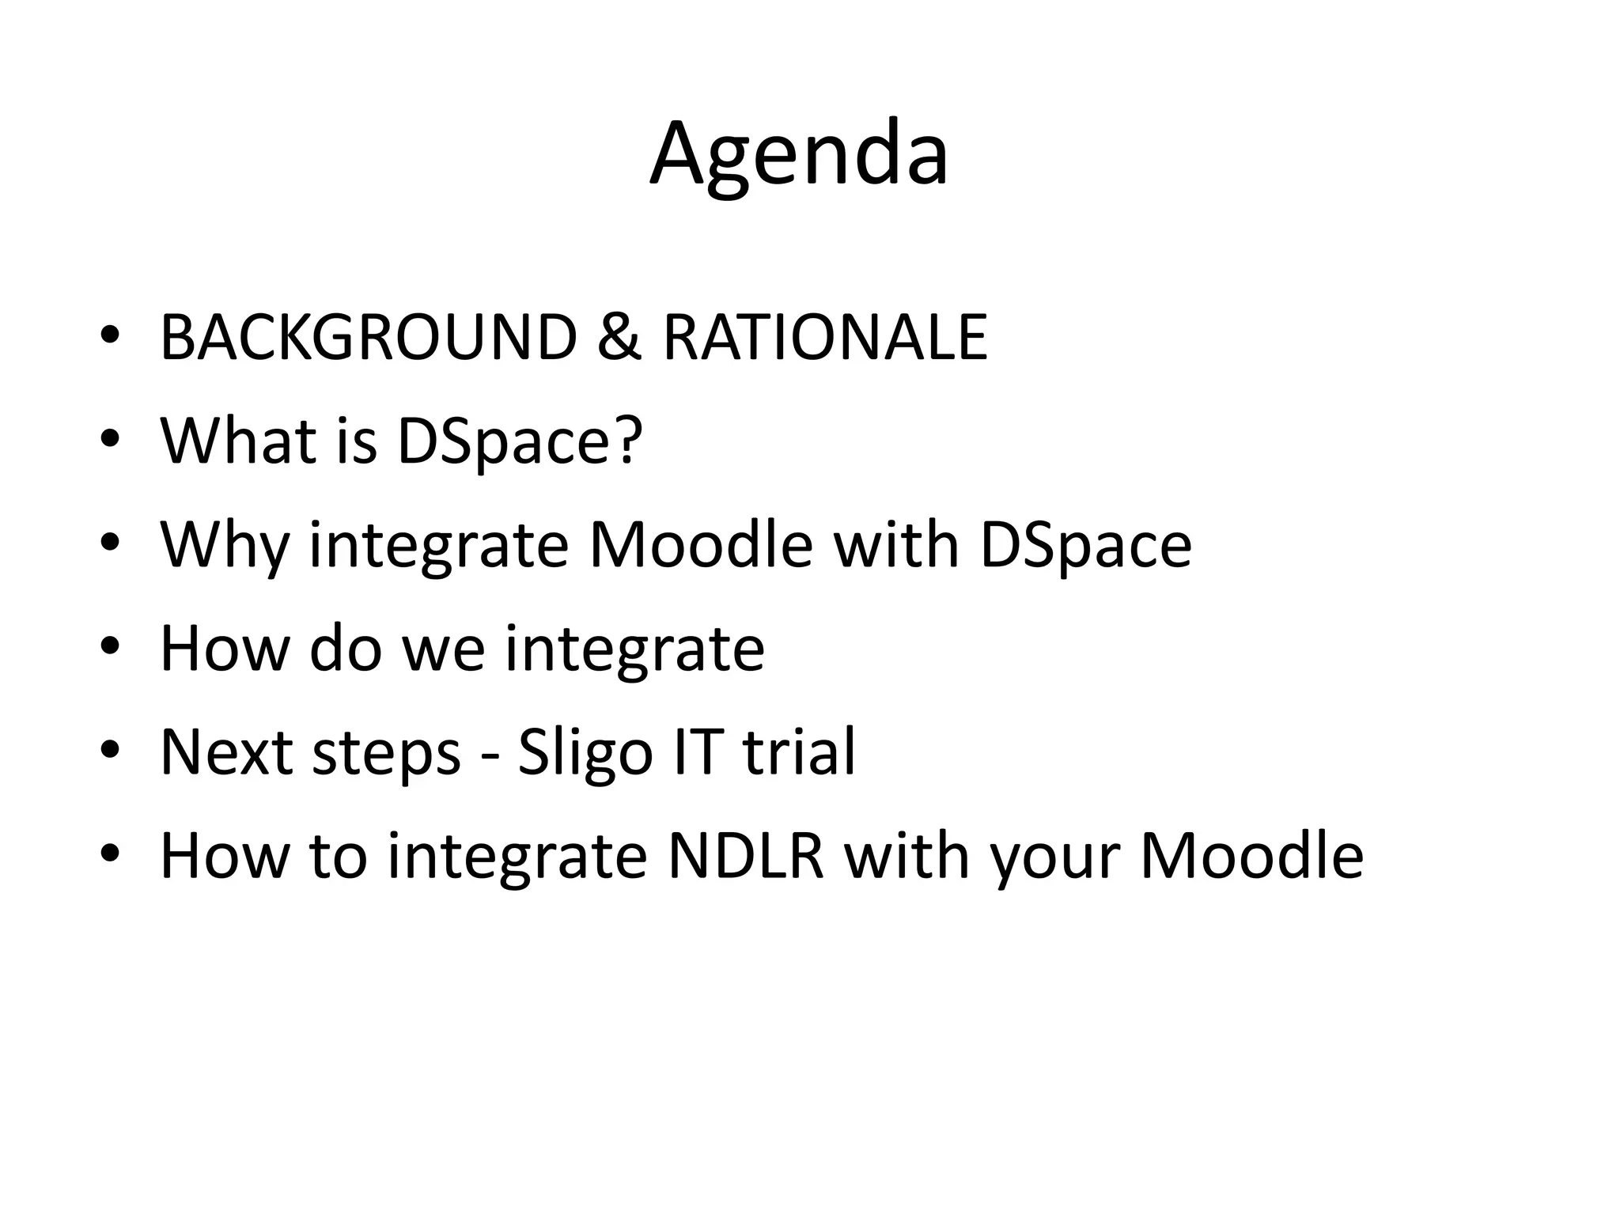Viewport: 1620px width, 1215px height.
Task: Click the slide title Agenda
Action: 799,154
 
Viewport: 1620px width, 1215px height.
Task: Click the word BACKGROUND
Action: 369,338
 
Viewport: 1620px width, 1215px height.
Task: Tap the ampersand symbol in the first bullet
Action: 619,338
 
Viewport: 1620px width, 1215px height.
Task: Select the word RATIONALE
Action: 825,338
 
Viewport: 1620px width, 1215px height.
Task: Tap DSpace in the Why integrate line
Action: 1085,546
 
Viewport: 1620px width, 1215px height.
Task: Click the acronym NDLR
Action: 746,856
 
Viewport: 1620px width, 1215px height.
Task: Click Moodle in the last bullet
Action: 1251,856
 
